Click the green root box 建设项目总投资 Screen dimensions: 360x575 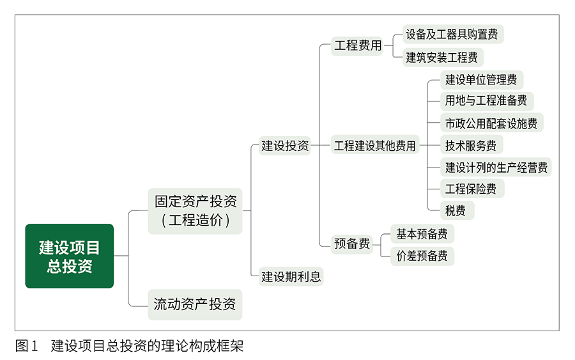tap(69, 256)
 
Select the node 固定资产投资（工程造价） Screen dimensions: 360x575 tap(195, 211)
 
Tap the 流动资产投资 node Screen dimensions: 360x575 tap(195, 304)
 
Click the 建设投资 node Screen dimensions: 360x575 tap(285, 146)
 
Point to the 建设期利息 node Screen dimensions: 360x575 tap(291, 277)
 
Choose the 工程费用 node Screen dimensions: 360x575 tap(358, 45)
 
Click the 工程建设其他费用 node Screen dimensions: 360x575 tap(375, 146)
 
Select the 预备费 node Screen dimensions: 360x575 tap(352, 244)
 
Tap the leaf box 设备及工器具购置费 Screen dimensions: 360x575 tap(452, 34)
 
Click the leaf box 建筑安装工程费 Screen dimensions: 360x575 tap(442, 57)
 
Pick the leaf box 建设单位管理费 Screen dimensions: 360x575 tap(481, 80)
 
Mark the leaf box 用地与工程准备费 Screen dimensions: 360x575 tap(486, 100)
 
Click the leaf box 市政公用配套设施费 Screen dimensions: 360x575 tap(491, 123)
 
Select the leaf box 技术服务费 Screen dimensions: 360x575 tap(471, 145)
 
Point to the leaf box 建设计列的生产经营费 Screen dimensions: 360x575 tap(496, 168)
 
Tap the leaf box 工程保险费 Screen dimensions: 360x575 tap(471, 189)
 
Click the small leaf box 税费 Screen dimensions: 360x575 tap(456, 210)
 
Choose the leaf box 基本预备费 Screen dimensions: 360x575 tap(422, 233)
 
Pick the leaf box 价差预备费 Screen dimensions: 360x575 tap(422, 256)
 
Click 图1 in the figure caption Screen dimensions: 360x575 tap(26, 347)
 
